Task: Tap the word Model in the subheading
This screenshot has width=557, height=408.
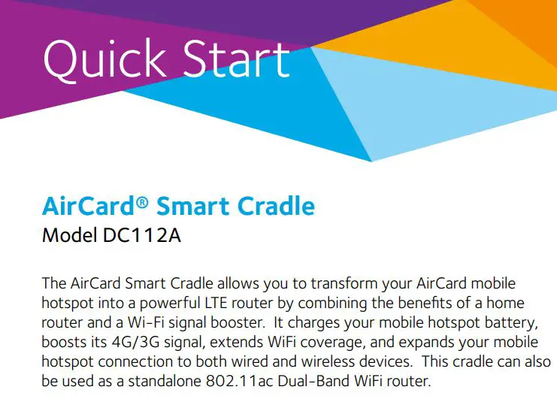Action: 68,235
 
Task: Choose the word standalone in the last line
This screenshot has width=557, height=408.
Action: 169,381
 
